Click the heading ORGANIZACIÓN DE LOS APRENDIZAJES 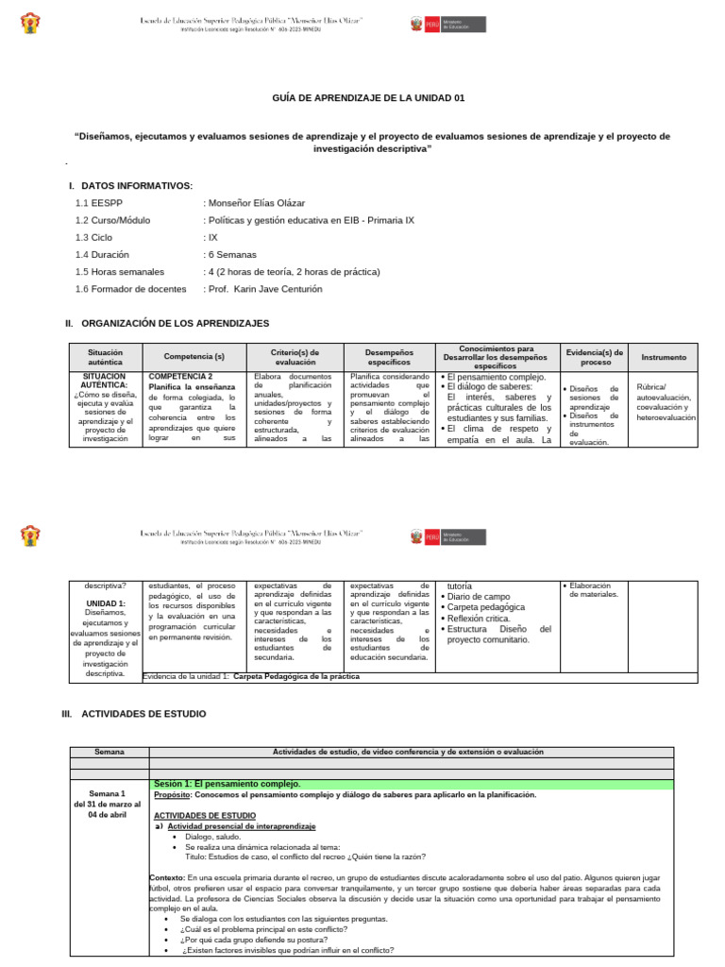[175, 323]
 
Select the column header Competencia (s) [194, 357]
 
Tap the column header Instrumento [664, 357]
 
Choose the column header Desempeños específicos [389, 357]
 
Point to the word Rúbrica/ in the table [651, 386]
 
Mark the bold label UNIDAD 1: [106, 602]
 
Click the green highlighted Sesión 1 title [227, 784]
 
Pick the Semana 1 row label [106, 793]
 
